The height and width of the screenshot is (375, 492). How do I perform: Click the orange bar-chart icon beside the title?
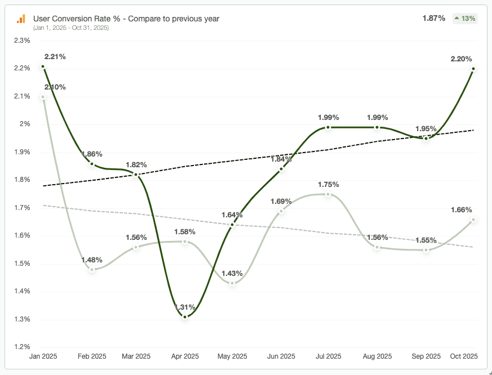click(x=21, y=19)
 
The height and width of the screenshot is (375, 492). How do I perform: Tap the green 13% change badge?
click(x=465, y=18)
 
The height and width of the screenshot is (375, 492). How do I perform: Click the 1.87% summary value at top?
click(x=434, y=18)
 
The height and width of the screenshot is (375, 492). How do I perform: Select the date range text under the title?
click(x=71, y=28)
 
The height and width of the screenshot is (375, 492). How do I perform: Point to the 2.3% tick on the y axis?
click(x=22, y=41)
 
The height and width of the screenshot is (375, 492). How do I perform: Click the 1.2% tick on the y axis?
click(x=22, y=347)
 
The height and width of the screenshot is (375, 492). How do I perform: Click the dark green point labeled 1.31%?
click(x=184, y=317)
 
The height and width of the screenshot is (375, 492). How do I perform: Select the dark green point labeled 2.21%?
click(x=43, y=66)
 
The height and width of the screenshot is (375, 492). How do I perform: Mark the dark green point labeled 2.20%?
click(x=473, y=69)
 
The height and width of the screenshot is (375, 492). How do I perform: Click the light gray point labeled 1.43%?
click(x=232, y=283)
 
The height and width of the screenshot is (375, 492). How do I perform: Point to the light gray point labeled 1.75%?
click(x=329, y=194)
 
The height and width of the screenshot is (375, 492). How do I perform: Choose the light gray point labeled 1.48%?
click(x=92, y=270)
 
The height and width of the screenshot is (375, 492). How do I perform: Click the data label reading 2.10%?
click(x=55, y=87)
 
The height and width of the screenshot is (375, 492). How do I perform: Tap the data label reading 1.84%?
click(x=281, y=159)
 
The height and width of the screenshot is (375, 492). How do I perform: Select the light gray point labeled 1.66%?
click(x=473, y=220)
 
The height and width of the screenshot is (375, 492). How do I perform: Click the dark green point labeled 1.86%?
click(x=92, y=164)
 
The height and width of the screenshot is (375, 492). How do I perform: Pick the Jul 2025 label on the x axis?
click(x=329, y=356)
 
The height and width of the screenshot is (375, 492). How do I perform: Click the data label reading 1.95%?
click(x=425, y=129)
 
